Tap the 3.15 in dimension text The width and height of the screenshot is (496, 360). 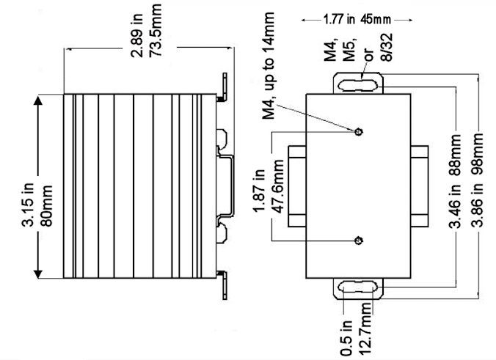[25, 188]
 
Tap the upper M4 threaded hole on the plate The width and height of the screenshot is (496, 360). [358, 132]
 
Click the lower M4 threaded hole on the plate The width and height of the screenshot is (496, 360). [358, 240]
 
